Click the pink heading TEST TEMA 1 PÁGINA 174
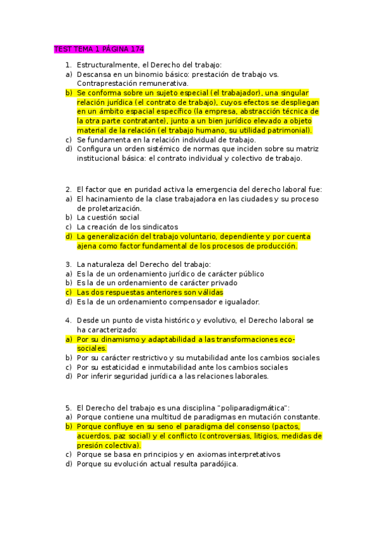coord(100,49)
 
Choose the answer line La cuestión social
coord(108,217)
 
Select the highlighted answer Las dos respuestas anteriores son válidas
coord(150,292)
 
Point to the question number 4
coord(68,320)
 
